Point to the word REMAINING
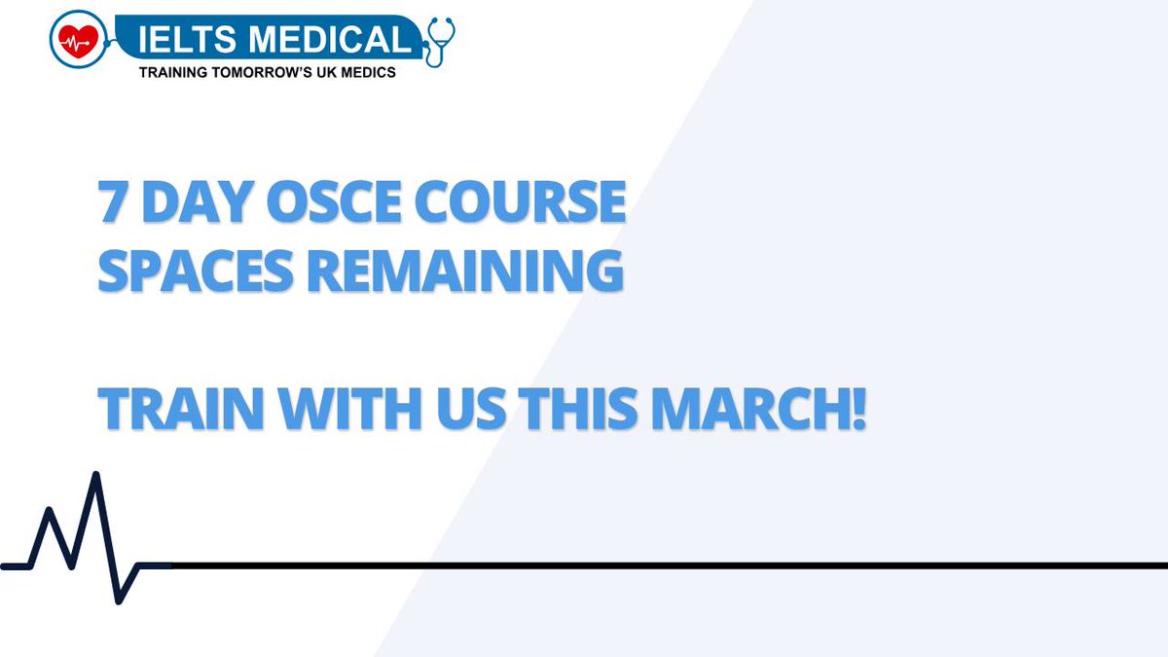468,272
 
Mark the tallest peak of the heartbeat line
95,476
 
